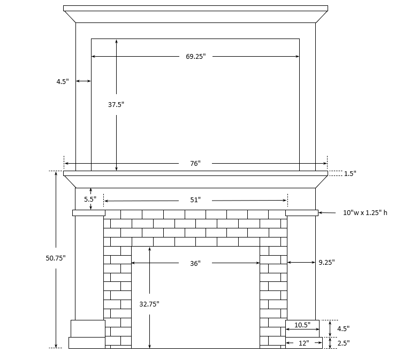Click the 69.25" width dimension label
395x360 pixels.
pyautogui.click(x=195, y=57)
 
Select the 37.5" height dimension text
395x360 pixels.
pyautogui.click(x=116, y=105)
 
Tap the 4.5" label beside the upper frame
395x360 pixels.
pyautogui.click(x=63, y=82)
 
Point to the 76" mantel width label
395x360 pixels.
pyautogui.click(x=195, y=163)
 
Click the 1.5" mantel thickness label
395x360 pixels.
pyautogui.click(x=350, y=173)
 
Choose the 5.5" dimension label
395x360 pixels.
pyautogui.click(x=90, y=199)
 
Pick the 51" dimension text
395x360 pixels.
pyautogui.click(x=195, y=200)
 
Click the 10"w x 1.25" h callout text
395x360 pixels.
pyautogui.click(x=365, y=213)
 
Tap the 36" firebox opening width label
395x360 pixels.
pyautogui.click(x=195, y=263)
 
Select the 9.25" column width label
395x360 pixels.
pyautogui.click(x=326, y=263)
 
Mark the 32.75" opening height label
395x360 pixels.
pyautogui.click(x=149, y=304)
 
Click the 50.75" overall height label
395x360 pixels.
pyautogui.click(x=56, y=258)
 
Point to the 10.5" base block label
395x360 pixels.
pyautogui.click(x=302, y=325)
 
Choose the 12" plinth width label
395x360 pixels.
pyautogui.click(x=303, y=343)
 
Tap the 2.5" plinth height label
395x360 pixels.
pyautogui.click(x=343, y=343)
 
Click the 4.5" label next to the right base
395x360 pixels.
pyautogui.click(x=343, y=328)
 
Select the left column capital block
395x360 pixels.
pyautogui.click(x=89, y=213)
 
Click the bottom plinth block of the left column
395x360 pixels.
pyautogui.click(x=87, y=343)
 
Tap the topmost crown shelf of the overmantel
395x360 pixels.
pyautogui.click(x=195, y=8)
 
